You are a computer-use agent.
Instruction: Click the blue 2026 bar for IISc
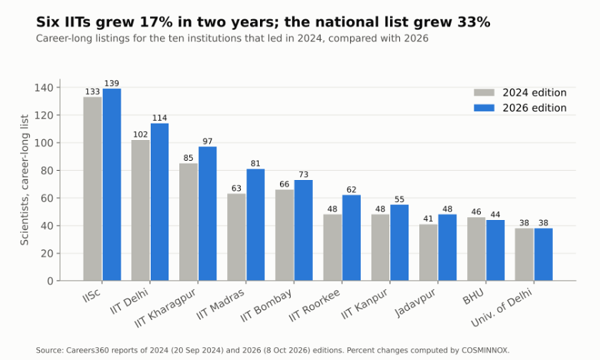point(111,185)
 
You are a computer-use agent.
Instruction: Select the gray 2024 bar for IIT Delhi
point(141,211)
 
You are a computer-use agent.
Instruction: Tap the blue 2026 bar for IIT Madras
point(256,225)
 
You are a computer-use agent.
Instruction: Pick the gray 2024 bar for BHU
point(476,249)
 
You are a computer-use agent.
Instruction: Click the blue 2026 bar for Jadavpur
point(447,248)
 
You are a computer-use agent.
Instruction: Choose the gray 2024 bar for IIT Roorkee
point(333,248)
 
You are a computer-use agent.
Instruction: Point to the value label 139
point(111,84)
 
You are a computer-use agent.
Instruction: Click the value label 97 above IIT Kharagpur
point(207,141)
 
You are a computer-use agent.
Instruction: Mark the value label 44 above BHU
point(495,214)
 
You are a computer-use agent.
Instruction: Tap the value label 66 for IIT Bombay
point(284,184)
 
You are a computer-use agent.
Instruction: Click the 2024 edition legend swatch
point(484,93)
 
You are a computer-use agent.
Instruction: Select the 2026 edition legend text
point(534,108)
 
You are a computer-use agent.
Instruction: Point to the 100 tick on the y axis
point(44,143)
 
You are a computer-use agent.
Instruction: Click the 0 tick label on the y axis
point(50,281)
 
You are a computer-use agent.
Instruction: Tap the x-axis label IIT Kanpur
point(364,304)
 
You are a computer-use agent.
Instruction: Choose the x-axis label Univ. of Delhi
point(501,308)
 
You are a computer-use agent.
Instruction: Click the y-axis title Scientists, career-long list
point(24,180)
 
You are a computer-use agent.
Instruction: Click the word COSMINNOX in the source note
point(484,351)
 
